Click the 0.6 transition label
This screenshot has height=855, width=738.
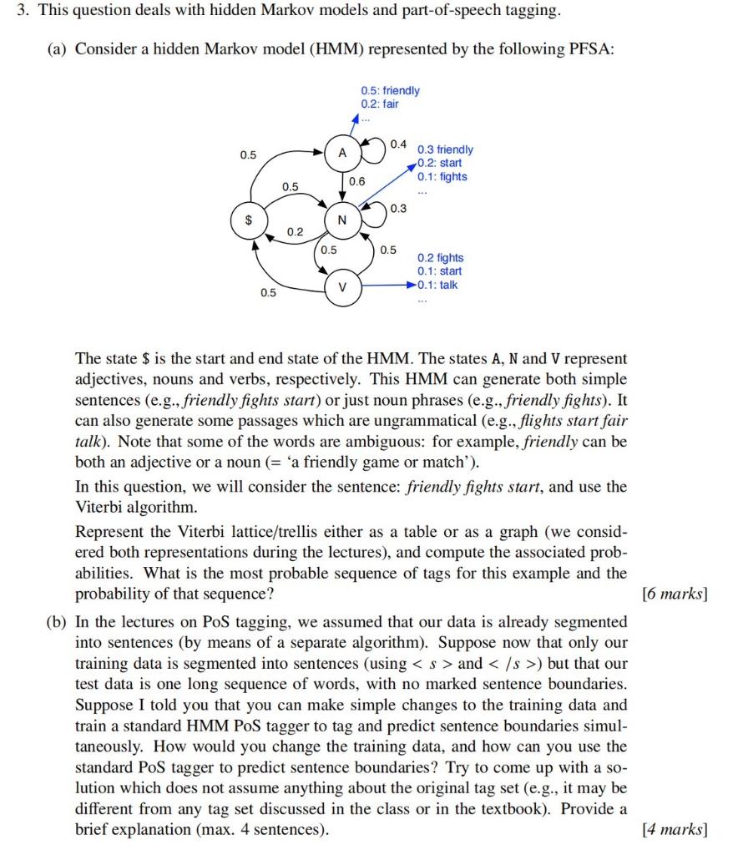tap(357, 181)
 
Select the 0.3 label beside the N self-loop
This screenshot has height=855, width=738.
tap(399, 208)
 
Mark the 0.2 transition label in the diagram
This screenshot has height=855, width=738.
tap(295, 230)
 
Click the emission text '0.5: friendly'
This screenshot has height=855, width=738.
tap(390, 90)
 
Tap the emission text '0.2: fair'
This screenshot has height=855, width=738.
tap(380, 104)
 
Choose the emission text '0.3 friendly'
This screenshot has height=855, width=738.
tap(445, 149)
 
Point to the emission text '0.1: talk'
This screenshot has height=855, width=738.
tap(439, 285)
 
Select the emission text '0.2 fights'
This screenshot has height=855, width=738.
tap(440, 258)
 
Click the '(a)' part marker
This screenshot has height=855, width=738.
tap(57, 48)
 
